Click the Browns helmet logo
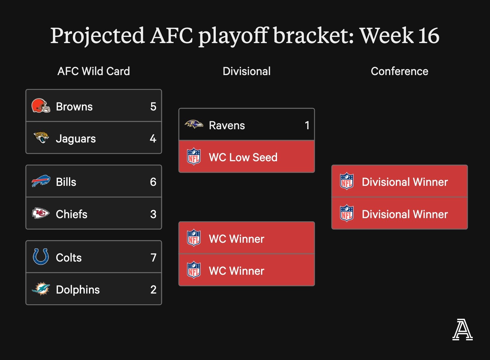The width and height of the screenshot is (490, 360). click(41, 106)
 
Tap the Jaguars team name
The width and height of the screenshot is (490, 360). click(76, 139)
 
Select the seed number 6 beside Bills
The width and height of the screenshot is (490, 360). click(153, 182)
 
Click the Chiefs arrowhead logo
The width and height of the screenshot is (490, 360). click(41, 213)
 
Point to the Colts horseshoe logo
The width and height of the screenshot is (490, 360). click(41, 257)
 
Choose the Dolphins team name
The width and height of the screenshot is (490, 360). click(78, 290)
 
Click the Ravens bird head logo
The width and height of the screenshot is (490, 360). click(194, 124)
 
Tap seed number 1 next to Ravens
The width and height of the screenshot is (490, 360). click(307, 126)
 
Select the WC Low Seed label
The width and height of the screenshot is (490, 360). click(243, 158)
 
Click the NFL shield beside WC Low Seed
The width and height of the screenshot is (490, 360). click(194, 157)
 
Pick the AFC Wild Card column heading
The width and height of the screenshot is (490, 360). click(94, 71)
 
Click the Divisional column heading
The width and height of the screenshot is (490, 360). click(247, 71)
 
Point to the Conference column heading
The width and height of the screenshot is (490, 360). click(399, 71)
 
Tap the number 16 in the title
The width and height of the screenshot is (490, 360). click(428, 36)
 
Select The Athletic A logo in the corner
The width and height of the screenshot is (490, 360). click(462, 330)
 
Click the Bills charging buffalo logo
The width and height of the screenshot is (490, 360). click(41, 181)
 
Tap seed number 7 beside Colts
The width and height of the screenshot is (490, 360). click(153, 258)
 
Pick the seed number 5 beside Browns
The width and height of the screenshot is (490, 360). click(153, 106)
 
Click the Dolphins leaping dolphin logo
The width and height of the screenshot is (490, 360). click(41, 289)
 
